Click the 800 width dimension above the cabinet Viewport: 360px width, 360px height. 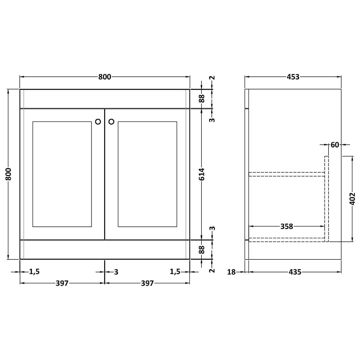[105, 77]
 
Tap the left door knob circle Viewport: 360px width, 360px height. [98, 121]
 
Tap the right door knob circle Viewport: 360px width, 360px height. [111, 121]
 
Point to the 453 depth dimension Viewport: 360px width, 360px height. [293, 77]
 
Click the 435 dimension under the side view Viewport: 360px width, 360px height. [295, 272]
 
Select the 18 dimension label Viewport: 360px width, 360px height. [232, 272]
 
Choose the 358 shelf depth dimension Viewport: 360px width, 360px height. [287, 226]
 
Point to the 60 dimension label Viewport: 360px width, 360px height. [335, 144]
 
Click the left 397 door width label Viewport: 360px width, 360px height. [62, 283]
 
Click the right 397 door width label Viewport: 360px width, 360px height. [147, 283]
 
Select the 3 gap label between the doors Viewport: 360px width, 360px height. [116, 272]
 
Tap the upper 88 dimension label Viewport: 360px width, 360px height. [201, 99]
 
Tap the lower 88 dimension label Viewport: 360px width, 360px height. [201, 250]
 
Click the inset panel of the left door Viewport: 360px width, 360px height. [62, 174]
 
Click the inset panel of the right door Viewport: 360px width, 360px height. [147, 174]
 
